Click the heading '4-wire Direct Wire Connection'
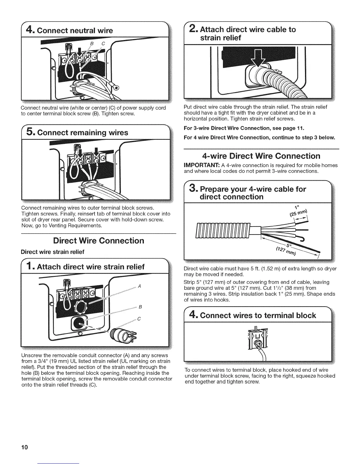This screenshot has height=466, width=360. pyautogui.click(x=261, y=156)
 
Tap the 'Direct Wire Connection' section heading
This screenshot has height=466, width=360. pyautogui.click(x=99, y=241)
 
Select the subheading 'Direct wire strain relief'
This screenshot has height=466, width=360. pyautogui.click(x=52, y=252)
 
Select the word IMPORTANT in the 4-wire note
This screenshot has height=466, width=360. pyautogui.click(x=198, y=165)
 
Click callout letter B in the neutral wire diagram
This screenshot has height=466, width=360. pyautogui.click(x=91, y=44)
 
